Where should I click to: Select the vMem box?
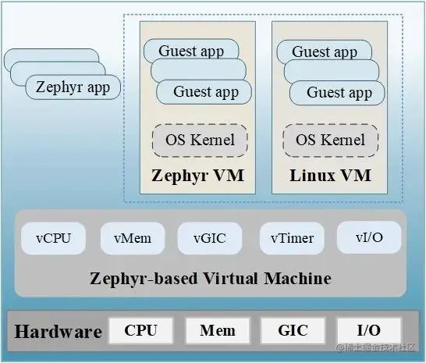coord(132,238)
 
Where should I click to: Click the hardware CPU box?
coord(140,330)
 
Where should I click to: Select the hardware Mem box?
coord(217,330)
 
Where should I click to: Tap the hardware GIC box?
coord(293,330)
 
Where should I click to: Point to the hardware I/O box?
coord(368,330)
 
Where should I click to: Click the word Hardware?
coord(59,332)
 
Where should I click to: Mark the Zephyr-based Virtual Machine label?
coord(211,278)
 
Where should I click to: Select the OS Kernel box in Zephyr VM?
coord(199,141)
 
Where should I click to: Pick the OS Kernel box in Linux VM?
coord(331,141)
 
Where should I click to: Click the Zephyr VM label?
coord(198,176)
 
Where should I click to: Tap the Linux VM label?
coord(331,176)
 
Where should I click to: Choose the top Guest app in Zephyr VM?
coord(190,52)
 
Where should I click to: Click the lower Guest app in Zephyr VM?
coord(206,92)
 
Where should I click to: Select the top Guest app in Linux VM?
coord(324,52)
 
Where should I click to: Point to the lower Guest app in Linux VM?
coord(339,93)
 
